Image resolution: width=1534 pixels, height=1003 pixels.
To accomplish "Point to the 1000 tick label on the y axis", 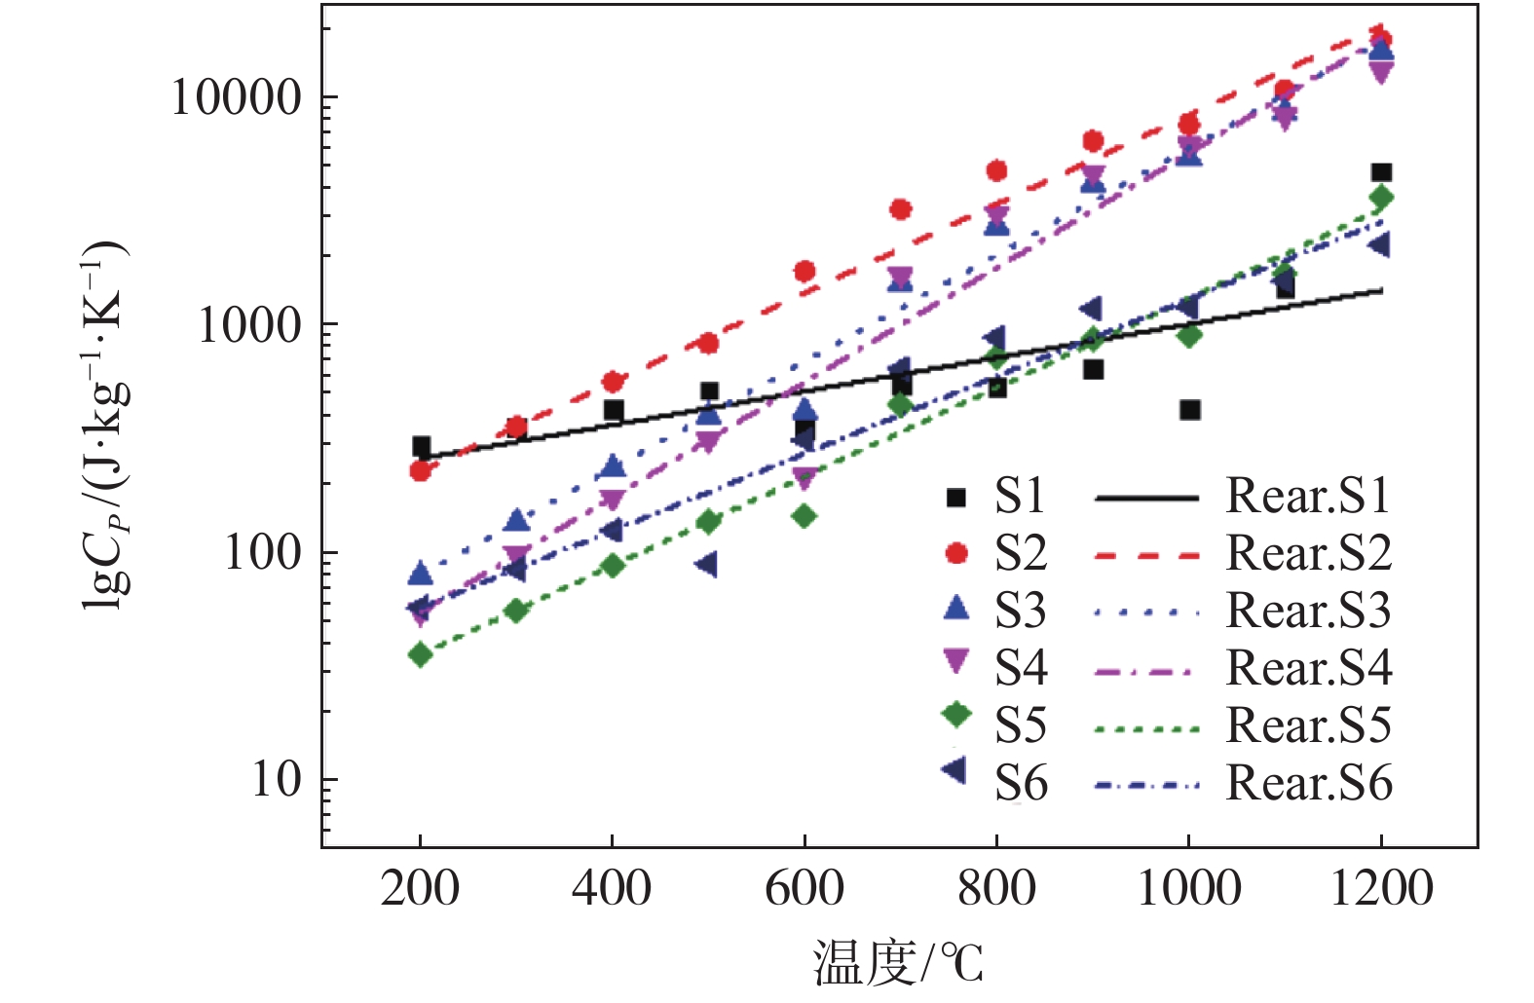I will click(x=249, y=324).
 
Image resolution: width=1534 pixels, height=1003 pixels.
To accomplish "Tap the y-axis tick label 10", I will click(x=277, y=779).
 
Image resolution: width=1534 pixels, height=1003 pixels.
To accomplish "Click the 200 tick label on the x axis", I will click(x=420, y=888).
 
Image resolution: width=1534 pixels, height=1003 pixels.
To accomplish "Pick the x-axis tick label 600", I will click(x=804, y=888).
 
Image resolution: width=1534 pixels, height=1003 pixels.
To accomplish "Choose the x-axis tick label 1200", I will click(x=1381, y=888).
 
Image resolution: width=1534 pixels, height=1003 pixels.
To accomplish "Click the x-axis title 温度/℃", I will click(x=898, y=963).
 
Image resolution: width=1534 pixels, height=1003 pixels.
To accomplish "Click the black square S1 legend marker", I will click(x=956, y=498).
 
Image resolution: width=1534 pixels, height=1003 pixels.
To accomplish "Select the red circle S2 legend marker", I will click(x=956, y=553).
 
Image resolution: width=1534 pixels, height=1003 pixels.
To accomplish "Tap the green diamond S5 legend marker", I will click(x=956, y=714).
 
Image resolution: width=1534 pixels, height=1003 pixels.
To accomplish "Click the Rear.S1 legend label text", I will click(x=1308, y=496).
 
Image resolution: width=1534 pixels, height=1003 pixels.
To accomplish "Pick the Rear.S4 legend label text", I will click(x=1308, y=668).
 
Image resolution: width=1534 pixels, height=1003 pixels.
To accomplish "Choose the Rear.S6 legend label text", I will click(x=1308, y=783).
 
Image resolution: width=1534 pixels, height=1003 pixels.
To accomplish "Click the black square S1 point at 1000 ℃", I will click(x=1189, y=410).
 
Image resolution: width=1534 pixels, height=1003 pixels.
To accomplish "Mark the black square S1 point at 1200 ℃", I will click(x=1381, y=172).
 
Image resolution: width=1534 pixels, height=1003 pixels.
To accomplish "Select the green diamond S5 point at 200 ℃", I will click(x=420, y=654).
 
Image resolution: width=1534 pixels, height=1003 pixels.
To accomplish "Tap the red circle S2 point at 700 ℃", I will click(x=901, y=209).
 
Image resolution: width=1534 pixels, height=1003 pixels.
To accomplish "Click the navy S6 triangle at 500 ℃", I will click(x=708, y=565).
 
